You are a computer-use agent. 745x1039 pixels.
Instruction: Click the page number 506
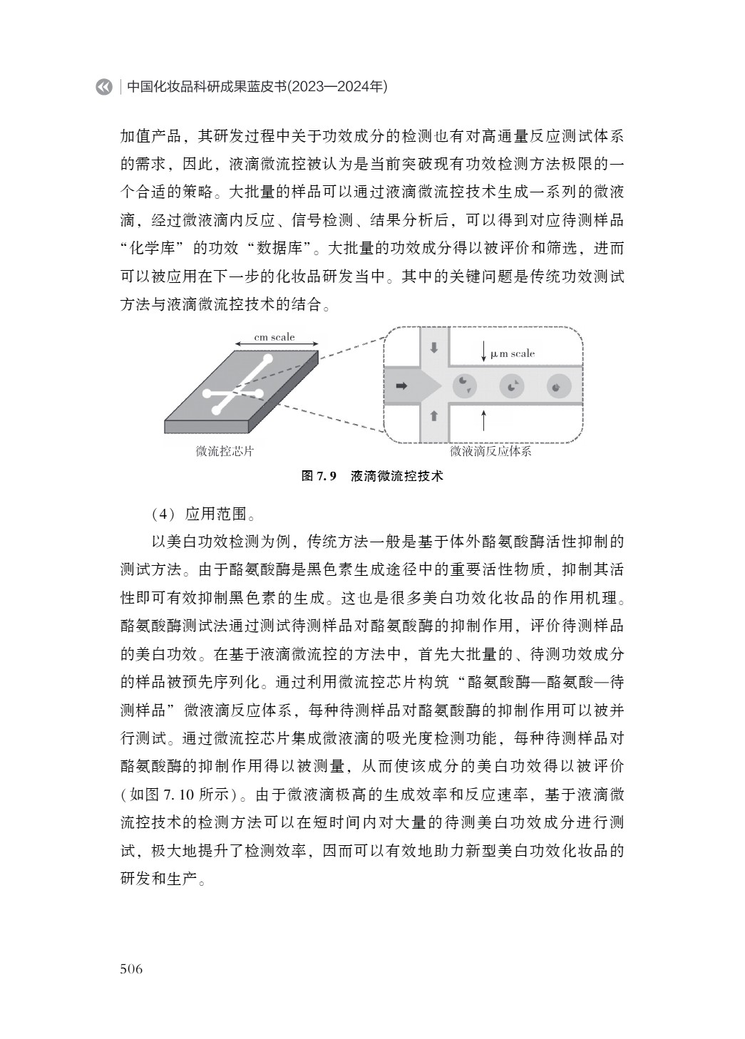pyautogui.click(x=132, y=968)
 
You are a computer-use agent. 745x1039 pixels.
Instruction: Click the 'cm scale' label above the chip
pyautogui.click(x=274, y=337)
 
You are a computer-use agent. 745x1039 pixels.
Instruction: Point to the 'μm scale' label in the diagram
pyautogui.click(x=512, y=353)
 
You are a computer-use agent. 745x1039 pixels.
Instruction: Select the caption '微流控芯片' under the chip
pyautogui.click(x=225, y=451)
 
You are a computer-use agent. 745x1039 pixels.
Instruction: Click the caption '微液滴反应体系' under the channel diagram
pyautogui.click(x=490, y=451)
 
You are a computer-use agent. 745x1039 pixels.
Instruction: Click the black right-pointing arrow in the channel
pyautogui.click(x=401, y=386)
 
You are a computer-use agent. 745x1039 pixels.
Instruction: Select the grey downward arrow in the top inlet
pyautogui.click(x=434, y=348)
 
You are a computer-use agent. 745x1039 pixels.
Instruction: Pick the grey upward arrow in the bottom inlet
pyautogui.click(x=433, y=415)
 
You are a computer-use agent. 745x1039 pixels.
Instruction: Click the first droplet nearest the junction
pyautogui.click(x=465, y=385)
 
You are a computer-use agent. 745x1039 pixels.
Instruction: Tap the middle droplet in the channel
pyautogui.click(x=511, y=386)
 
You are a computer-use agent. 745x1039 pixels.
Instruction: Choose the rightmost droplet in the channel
pyautogui.click(x=557, y=386)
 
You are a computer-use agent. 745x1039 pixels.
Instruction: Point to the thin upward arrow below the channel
pyautogui.click(x=484, y=420)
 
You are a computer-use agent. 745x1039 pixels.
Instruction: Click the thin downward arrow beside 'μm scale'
pyautogui.click(x=484, y=351)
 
